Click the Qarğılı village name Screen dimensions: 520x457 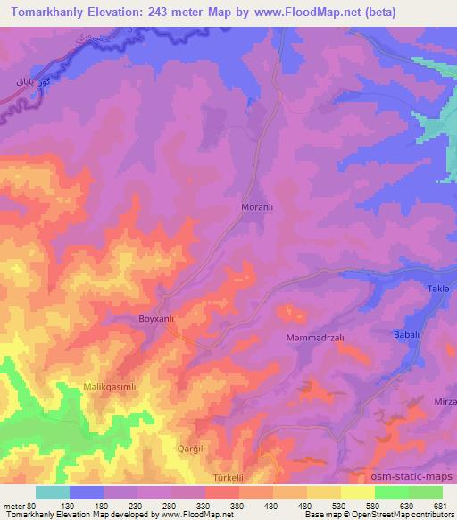(x=192, y=448)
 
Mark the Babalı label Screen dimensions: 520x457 (x=406, y=333)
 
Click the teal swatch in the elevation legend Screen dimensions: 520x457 (x=53, y=492)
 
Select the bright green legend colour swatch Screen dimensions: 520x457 (x=391, y=492)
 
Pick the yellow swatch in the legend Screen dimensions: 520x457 (x=323, y=492)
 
